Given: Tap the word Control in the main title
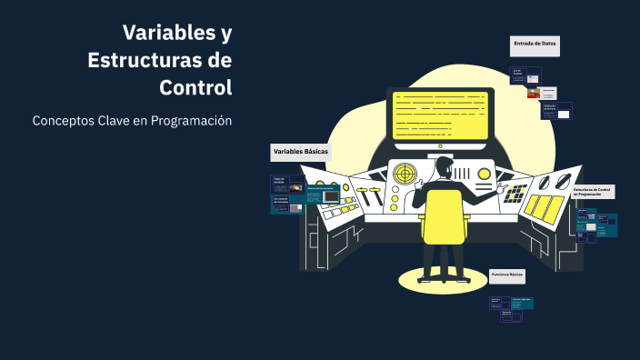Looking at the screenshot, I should [x=195, y=88].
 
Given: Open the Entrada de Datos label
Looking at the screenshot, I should [x=535, y=44].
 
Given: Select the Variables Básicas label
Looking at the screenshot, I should [x=300, y=151].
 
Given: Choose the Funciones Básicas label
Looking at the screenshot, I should [x=507, y=274].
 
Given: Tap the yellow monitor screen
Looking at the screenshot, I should [x=439, y=115].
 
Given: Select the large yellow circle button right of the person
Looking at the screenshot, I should [x=485, y=174].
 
